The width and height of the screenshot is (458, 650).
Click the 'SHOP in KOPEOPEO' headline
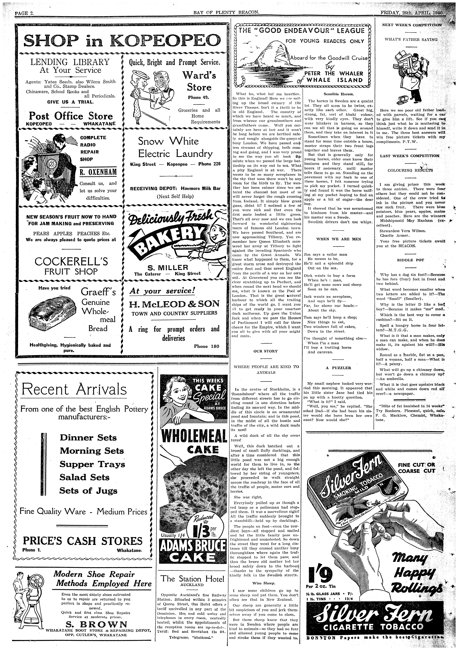tap(122, 40)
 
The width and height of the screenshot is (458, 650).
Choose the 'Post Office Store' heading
tap(71, 116)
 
